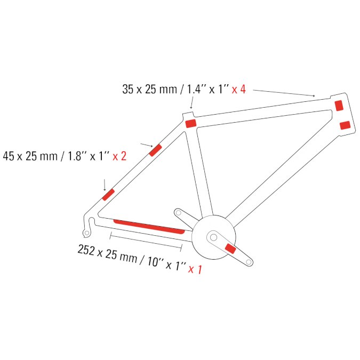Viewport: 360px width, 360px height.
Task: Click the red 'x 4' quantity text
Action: (x=239, y=89)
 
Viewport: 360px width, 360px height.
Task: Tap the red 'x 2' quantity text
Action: (x=119, y=156)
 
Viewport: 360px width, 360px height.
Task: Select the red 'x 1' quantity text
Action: (x=195, y=269)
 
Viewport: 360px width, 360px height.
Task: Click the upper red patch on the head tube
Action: (x=339, y=106)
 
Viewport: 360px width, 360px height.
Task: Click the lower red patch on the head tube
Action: (x=345, y=125)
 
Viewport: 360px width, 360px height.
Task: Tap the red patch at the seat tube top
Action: (x=191, y=123)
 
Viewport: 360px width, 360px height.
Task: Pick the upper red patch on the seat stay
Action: (x=155, y=150)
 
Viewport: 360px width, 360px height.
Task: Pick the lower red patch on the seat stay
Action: (x=108, y=195)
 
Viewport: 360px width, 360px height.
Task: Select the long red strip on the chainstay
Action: (x=149, y=227)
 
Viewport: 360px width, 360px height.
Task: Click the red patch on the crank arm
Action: (x=230, y=249)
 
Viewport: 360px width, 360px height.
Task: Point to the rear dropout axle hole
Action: (x=87, y=233)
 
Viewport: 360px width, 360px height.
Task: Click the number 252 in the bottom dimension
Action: (x=86, y=250)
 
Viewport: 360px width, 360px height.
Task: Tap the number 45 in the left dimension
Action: (x=9, y=156)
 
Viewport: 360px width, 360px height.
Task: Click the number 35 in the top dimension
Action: (x=128, y=89)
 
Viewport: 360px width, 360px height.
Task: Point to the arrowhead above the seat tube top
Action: (x=191, y=107)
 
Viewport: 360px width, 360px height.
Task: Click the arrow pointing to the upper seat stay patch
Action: (x=147, y=145)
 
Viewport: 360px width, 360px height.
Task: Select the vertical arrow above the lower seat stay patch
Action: (x=105, y=185)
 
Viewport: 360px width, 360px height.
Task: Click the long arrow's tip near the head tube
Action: (x=315, y=96)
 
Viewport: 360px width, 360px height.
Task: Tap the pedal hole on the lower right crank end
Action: (x=249, y=262)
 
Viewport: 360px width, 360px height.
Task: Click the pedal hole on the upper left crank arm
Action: (x=178, y=213)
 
